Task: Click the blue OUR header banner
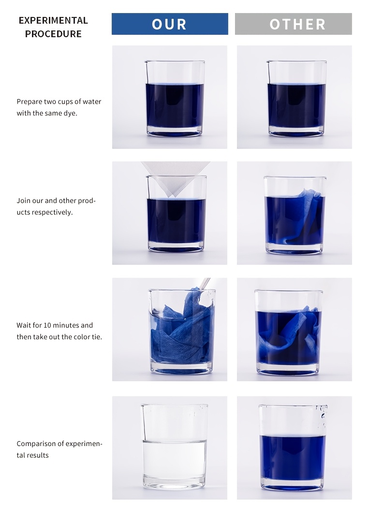tap(170, 24)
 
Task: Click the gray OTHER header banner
tap(294, 24)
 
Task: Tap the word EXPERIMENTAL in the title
tap(53, 20)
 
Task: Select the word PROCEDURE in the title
tap(53, 34)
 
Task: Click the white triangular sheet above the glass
tap(176, 177)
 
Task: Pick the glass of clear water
tap(175, 446)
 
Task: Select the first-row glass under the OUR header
tap(175, 99)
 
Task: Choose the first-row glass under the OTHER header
tap(296, 99)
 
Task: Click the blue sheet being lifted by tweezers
tap(181, 330)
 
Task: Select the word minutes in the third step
tap(66, 325)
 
